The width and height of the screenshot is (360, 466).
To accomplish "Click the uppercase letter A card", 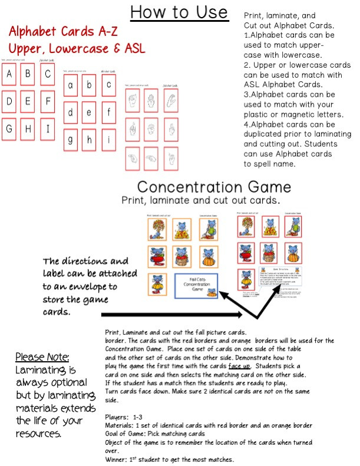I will pyautogui.click(x=9, y=75).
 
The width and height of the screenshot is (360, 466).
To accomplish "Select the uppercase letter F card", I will pyautogui.click(x=48, y=101).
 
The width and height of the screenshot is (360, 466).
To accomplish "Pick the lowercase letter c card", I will pyautogui.click(x=109, y=85).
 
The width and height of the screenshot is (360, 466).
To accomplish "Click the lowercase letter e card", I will pyautogui.click(x=89, y=112).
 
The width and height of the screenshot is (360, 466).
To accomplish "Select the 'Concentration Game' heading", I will pyautogui.click(x=214, y=187).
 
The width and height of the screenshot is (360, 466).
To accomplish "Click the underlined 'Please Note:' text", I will pyautogui.click(x=42, y=357).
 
